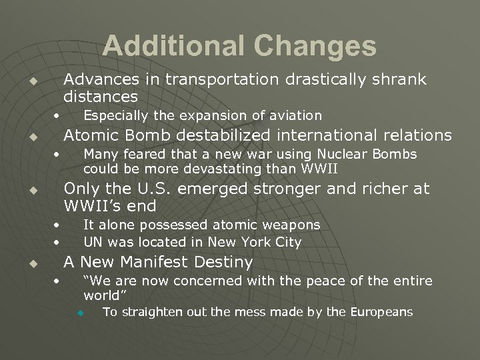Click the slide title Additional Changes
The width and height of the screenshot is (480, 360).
[x=239, y=46]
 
